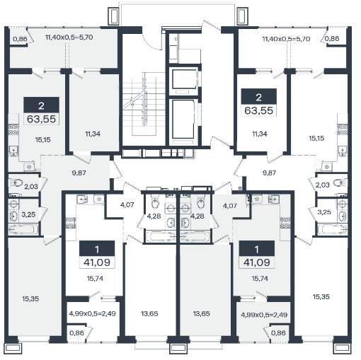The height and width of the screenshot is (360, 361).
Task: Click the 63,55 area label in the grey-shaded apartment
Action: point(41,119)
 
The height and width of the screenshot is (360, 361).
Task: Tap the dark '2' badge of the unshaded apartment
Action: point(258,97)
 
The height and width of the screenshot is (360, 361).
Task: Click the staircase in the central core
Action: point(144,104)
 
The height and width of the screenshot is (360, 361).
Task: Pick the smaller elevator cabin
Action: point(184,79)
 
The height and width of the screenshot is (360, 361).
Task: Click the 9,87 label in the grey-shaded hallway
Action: point(79,173)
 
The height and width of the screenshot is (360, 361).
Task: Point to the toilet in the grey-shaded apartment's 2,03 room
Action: point(16,182)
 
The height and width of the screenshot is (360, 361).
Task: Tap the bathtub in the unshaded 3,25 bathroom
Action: point(333,229)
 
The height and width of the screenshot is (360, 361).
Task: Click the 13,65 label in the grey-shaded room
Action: point(201,313)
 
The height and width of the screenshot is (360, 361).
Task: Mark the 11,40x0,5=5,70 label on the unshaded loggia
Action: point(286,39)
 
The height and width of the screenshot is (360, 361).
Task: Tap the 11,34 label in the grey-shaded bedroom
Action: point(93,134)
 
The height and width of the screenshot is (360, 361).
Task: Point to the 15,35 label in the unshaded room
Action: point(321,296)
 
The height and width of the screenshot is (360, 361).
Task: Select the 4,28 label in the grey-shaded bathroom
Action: point(197,216)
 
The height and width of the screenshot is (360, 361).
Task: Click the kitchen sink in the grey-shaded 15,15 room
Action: point(13,151)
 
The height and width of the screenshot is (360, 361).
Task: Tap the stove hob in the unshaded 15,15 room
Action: point(343,129)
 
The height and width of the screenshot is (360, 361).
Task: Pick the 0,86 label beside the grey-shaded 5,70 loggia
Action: point(20,39)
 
